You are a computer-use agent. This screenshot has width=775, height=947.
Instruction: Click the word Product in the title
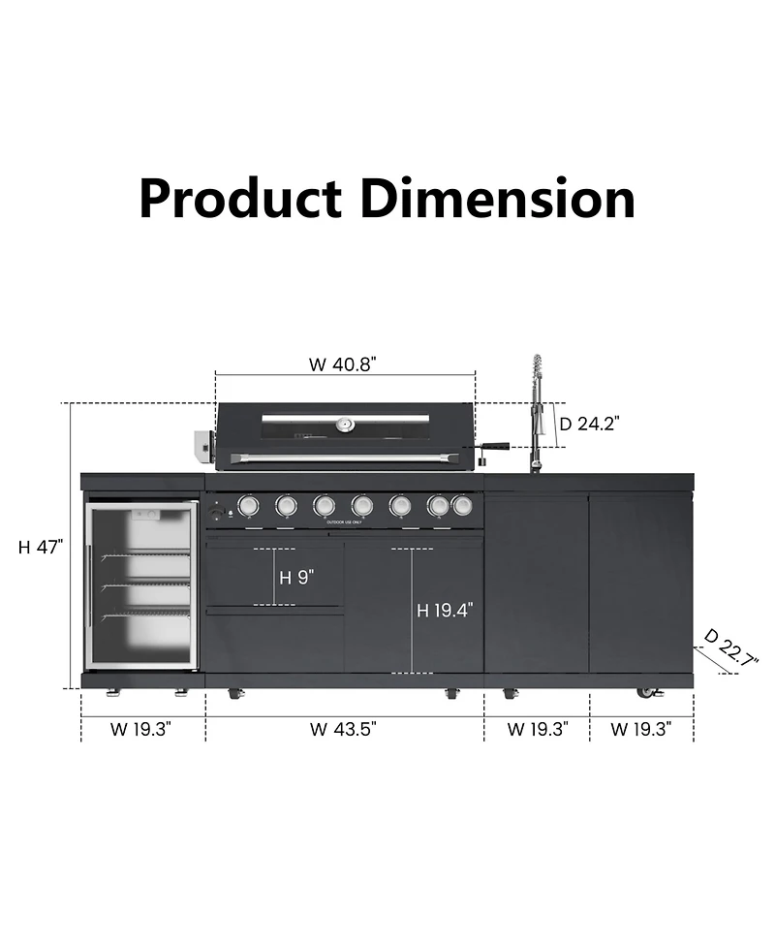tap(241, 199)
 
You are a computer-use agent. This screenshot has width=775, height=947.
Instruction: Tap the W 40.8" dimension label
tap(343, 364)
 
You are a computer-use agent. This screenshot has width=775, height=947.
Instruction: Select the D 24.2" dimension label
tap(590, 423)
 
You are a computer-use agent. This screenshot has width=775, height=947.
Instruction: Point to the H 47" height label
tap(41, 547)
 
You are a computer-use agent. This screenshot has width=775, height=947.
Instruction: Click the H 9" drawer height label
tap(296, 578)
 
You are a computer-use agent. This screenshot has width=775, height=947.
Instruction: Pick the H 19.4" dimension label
tap(445, 610)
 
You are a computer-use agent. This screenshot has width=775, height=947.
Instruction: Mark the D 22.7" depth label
tap(730, 647)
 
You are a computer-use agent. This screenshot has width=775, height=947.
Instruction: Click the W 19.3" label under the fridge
tap(142, 729)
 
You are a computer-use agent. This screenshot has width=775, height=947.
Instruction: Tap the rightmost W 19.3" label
tap(640, 729)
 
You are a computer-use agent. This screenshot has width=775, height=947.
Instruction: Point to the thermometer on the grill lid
tap(345, 424)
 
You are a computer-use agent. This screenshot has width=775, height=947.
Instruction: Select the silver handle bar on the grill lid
tap(346, 457)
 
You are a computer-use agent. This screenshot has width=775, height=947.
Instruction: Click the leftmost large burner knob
tap(248, 505)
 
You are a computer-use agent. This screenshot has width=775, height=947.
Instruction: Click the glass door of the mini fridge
tap(141, 584)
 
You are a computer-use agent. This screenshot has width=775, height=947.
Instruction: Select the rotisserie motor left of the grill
tap(204, 446)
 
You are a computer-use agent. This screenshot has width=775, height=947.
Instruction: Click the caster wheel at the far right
tap(646, 692)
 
